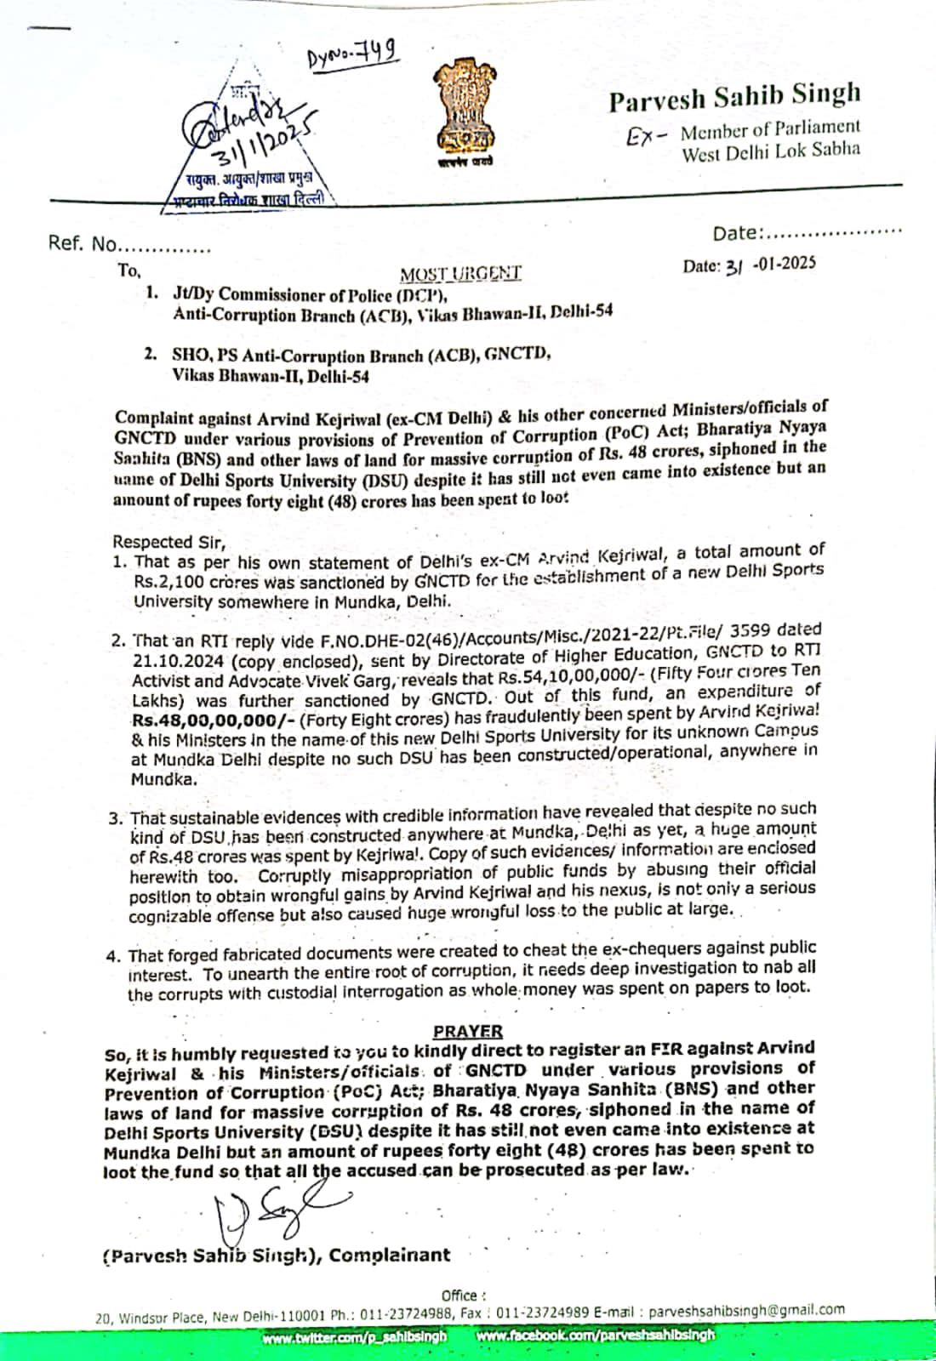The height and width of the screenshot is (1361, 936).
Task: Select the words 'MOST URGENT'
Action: click(x=460, y=273)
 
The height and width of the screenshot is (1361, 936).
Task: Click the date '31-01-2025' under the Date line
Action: click(x=749, y=265)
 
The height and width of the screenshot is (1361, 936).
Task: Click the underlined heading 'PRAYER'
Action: click(x=467, y=1031)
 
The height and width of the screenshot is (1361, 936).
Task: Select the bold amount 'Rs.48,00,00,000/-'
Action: click(x=187, y=719)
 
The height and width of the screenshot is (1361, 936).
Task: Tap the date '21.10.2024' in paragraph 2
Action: click(x=177, y=659)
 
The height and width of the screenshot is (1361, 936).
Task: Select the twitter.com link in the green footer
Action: click(x=355, y=1335)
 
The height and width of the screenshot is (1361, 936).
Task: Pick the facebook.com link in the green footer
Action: click(x=596, y=1335)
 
